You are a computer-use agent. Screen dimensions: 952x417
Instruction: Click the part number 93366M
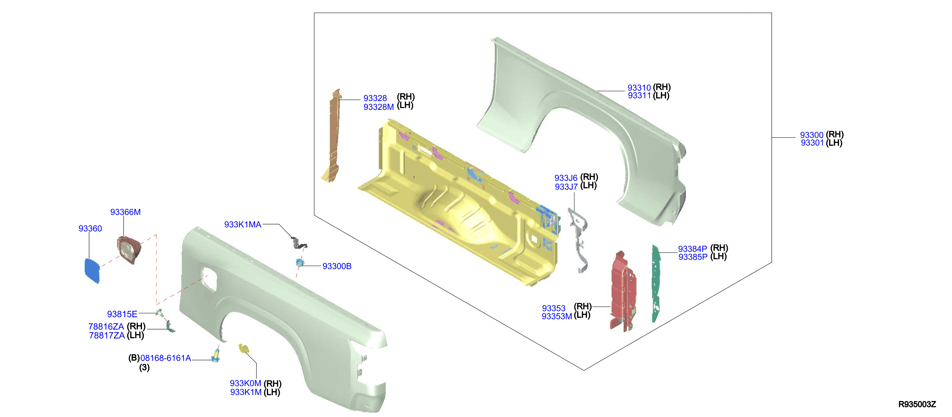pyautogui.click(x=125, y=212)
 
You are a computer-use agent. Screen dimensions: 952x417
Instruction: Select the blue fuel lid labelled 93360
pyautogui.click(x=92, y=270)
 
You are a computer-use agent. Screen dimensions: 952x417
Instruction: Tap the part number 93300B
pyautogui.click(x=337, y=266)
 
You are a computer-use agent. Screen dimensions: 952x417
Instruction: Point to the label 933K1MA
pyautogui.click(x=242, y=224)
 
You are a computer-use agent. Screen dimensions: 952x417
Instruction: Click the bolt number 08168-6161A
pyautogui.click(x=166, y=358)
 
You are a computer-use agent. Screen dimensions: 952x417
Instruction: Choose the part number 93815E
pyautogui.click(x=122, y=314)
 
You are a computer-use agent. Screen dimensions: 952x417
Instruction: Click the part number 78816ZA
pyautogui.click(x=106, y=327)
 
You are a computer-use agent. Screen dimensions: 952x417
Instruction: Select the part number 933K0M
pyautogui.click(x=246, y=383)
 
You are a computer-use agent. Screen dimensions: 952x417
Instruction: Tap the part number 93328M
pyautogui.click(x=379, y=107)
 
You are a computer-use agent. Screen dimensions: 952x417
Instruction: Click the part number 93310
pyautogui.click(x=639, y=88)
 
